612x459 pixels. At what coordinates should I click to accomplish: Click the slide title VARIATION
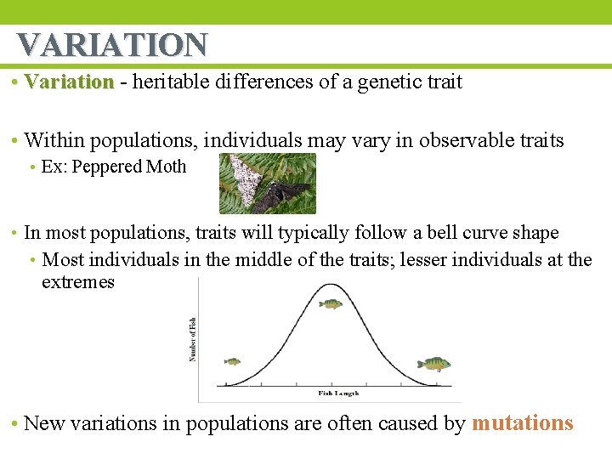pos(112,44)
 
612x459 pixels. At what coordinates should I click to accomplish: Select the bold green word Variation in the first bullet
pos(69,82)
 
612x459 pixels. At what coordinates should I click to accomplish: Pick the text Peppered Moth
pos(129,167)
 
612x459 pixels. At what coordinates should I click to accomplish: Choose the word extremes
pos(77,282)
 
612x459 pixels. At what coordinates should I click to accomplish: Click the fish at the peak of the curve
pos(330,303)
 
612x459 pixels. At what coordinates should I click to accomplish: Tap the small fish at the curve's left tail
pos(232,361)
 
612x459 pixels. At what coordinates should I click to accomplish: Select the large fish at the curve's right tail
pos(433,364)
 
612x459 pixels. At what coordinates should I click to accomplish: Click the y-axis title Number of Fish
pos(193,339)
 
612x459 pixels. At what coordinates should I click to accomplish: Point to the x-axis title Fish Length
pos(338,394)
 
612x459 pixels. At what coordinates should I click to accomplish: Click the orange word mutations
pos(522,423)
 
